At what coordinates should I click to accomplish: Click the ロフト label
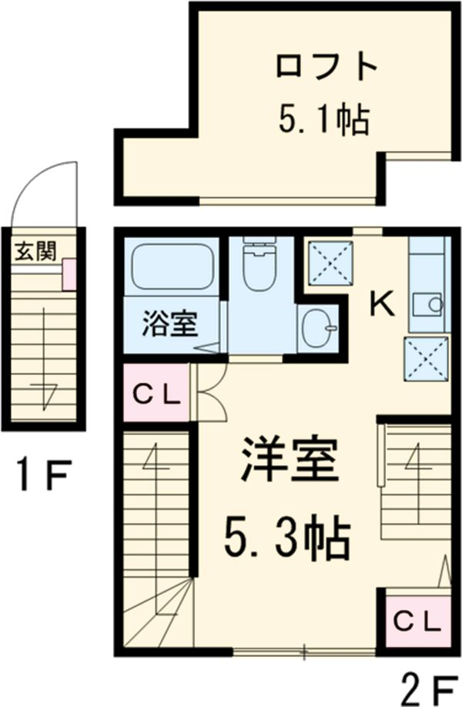coord(326,68)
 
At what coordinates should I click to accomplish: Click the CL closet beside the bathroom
coord(156,395)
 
